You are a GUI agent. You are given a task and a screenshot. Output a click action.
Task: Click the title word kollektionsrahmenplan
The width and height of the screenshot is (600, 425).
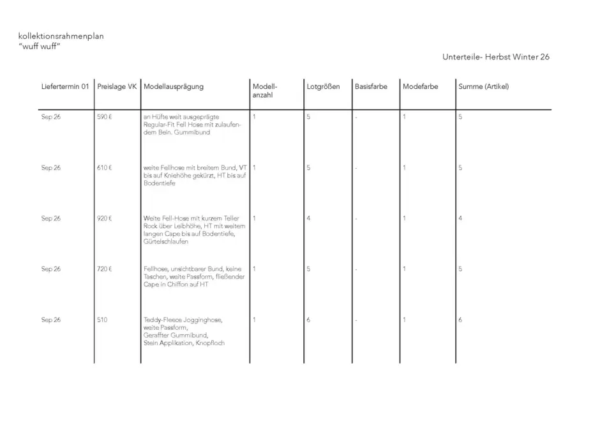tap(61, 36)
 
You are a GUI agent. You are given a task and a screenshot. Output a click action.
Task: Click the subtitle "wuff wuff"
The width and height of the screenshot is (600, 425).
tap(40, 47)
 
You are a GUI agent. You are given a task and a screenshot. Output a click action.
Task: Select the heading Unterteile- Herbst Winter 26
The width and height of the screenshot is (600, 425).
tap(495, 57)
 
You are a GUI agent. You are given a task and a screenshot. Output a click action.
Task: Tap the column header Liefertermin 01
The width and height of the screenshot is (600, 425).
tap(65, 86)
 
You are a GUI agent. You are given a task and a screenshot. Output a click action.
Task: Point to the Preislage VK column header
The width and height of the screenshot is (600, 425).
tap(117, 86)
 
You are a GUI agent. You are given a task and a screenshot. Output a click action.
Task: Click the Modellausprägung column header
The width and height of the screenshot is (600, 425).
tap(174, 86)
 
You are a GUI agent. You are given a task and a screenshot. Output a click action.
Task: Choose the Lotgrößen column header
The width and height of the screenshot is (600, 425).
tap(323, 86)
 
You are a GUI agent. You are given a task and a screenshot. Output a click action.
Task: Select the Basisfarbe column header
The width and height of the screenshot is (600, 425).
tap(371, 86)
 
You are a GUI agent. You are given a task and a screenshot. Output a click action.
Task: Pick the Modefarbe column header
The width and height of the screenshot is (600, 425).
tap(421, 86)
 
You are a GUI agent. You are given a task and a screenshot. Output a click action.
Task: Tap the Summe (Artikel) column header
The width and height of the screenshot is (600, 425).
tap(483, 86)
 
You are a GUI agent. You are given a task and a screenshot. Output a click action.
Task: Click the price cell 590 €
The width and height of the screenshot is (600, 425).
tap(105, 117)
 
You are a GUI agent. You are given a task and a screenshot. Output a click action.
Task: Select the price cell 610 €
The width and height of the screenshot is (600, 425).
tap(105, 167)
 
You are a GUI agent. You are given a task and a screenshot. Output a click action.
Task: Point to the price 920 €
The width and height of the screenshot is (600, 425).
tap(105, 218)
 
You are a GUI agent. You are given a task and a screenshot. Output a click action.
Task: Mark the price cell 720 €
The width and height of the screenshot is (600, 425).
tap(105, 268)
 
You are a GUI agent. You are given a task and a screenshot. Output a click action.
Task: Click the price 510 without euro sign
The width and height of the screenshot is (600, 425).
tap(103, 319)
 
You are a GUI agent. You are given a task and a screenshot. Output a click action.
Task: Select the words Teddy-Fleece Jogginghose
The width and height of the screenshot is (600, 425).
tap(183, 319)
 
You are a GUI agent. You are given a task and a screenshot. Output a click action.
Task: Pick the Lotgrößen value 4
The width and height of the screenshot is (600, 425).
tap(308, 218)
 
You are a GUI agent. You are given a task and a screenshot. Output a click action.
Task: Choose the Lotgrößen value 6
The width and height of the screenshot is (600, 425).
tap(308, 319)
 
